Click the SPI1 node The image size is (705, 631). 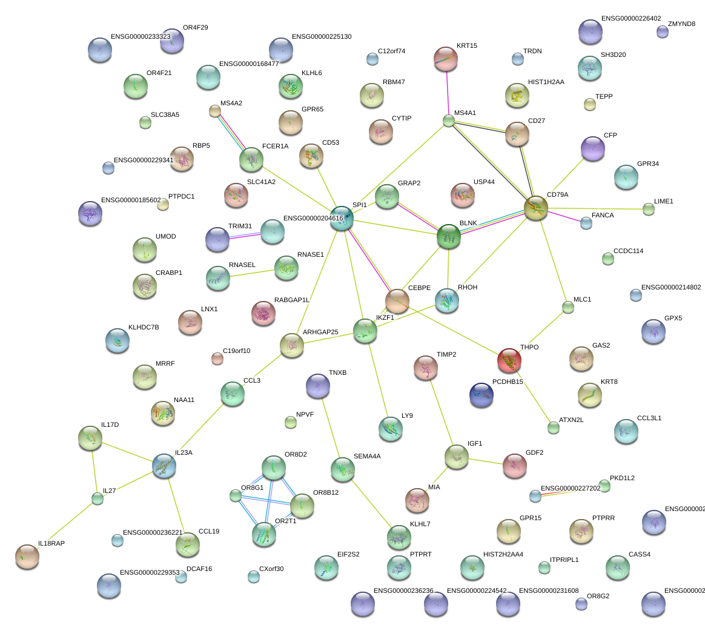point(342,218)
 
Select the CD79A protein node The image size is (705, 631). point(536,208)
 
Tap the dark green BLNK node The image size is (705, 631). point(449,236)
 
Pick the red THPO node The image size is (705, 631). point(509,360)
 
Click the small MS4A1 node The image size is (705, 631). point(448,121)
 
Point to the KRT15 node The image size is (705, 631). point(446,58)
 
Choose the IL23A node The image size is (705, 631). point(164,466)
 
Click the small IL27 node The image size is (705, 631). point(98,498)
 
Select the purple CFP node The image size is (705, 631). point(592,148)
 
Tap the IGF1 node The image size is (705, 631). point(456,457)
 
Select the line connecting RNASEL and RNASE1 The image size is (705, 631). point(251,273)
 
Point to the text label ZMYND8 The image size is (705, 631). point(681,24)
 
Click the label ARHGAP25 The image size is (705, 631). point(320,332)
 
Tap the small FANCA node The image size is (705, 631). point(586,223)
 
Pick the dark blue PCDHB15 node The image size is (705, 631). point(482,394)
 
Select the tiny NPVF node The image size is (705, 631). point(291,422)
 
